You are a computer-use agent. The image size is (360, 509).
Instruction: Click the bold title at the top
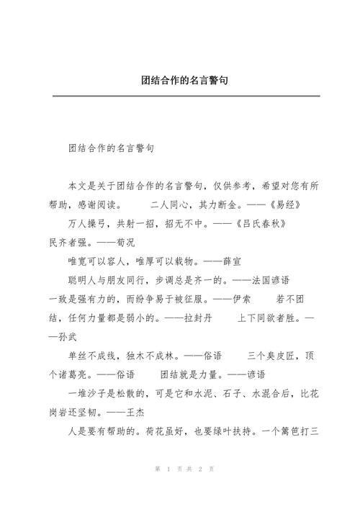click(x=180, y=81)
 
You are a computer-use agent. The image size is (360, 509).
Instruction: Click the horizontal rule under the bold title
click(x=180, y=95)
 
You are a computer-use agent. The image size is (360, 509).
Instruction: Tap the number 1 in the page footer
click(x=167, y=469)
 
